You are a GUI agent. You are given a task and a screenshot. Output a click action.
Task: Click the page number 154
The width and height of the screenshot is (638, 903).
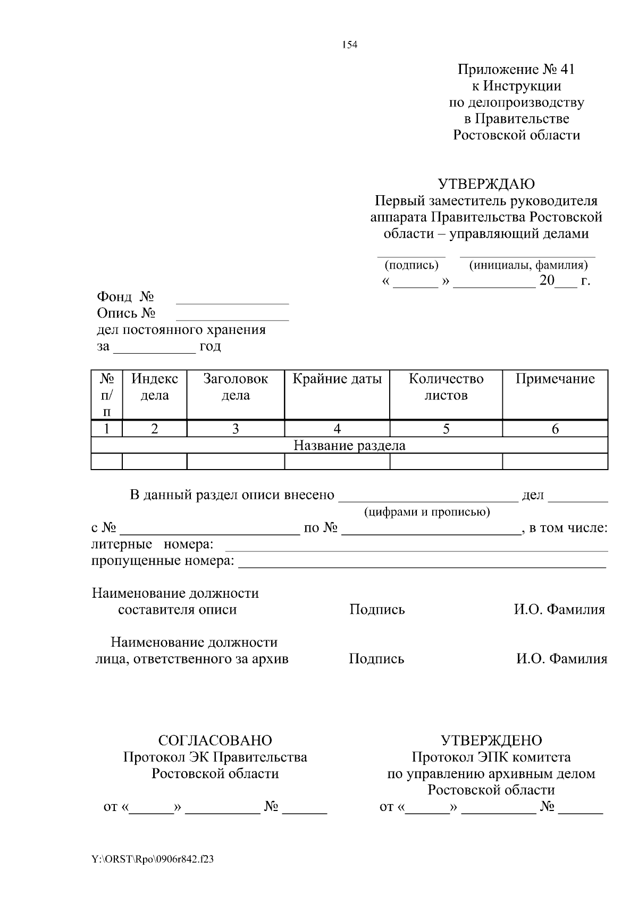(349, 45)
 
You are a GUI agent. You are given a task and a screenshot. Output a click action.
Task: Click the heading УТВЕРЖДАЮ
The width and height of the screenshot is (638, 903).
(486, 184)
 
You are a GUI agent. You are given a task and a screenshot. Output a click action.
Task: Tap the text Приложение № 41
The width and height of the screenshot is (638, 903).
(516, 69)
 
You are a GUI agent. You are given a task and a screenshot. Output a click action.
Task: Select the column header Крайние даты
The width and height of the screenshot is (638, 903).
(337, 379)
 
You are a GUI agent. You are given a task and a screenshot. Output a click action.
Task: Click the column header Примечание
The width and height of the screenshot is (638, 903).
(555, 379)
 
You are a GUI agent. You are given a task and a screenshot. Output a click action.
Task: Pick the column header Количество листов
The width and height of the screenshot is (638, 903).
(446, 387)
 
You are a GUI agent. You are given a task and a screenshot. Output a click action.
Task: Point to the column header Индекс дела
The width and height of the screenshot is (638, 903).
(154, 387)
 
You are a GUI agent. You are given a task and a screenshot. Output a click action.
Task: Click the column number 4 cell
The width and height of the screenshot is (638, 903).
(337, 429)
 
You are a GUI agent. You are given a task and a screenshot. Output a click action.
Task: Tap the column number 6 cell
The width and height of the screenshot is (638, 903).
(555, 429)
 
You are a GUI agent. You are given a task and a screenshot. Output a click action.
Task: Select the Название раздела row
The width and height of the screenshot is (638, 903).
(349, 445)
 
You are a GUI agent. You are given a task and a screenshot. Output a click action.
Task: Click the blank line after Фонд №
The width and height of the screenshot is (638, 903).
(232, 301)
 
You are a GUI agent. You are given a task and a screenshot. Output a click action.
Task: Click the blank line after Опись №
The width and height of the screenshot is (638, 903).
(232, 317)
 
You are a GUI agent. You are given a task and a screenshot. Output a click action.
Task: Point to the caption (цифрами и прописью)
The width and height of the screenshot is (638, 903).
(427, 512)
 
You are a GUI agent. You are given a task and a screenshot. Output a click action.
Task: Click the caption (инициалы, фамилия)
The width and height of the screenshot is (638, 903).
(528, 265)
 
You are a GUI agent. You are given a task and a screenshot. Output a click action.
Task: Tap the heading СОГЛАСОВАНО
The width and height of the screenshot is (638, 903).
(215, 740)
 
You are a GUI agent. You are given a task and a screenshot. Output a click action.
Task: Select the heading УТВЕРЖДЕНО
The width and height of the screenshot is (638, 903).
(491, 740)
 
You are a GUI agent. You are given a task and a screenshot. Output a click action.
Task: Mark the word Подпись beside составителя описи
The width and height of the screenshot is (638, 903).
(377, 609)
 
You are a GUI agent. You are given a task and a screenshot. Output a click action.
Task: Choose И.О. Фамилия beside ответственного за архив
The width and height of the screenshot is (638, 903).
(561, 659)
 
